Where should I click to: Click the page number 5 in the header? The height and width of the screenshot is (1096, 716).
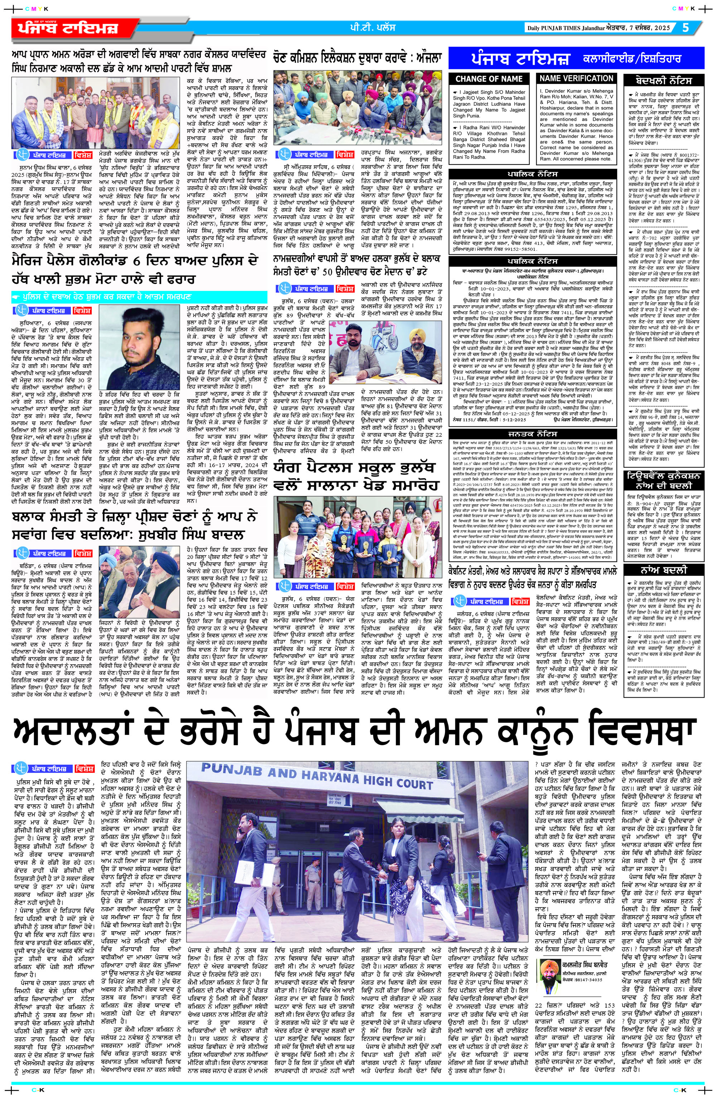pos(686,28)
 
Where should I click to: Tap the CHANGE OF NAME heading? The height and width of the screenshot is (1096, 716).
pos(489,79)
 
